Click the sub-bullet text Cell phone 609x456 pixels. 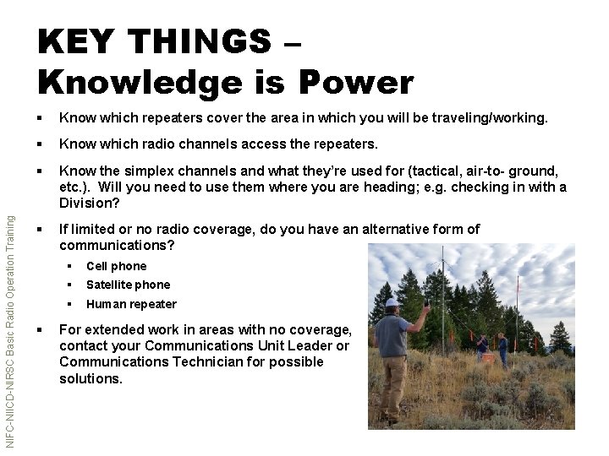(116, 266)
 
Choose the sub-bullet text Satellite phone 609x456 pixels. (128, 285)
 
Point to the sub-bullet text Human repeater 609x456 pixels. (131, 304)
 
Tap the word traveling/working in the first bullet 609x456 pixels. (491, 120)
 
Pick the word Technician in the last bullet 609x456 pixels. (198, 361)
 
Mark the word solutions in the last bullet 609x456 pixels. (90, 378)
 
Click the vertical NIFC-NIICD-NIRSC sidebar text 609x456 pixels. (8, 329)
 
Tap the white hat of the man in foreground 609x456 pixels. (391, 302)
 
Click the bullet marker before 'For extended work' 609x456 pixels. (42, 329)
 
